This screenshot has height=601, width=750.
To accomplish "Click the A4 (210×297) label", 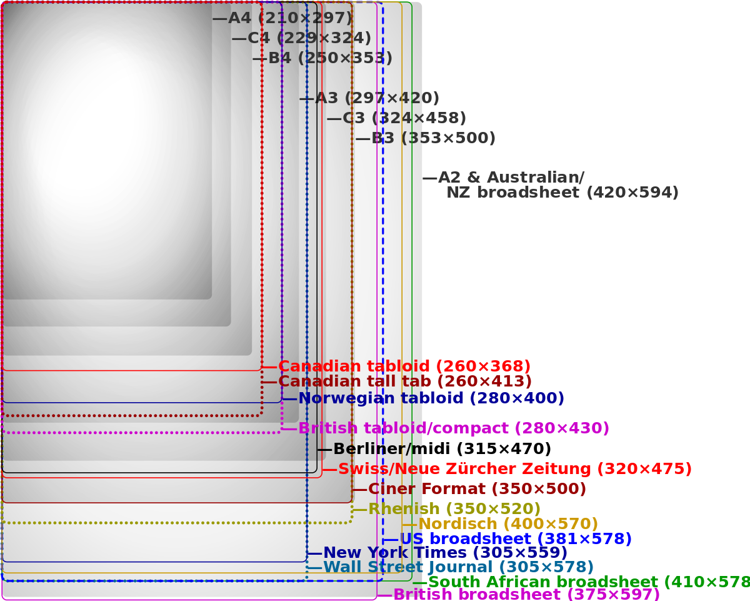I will tap(290, 18).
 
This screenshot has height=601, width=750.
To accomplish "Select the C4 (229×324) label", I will tap(309, 38).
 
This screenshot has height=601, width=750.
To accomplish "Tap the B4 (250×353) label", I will tap(330, 58).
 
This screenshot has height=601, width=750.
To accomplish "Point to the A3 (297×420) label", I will tap(377, 98).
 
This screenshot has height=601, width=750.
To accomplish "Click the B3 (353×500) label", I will tap(433, 138).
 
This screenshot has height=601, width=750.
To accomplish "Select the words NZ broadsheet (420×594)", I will tap(562, 193).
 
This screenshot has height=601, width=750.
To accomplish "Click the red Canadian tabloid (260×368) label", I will tap(404, 366).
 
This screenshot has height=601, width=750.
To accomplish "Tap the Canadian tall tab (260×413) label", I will tap(405, 381).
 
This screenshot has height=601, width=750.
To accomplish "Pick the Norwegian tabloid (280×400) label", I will tap(431, 398).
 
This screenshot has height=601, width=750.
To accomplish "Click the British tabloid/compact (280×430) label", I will tap(454, 428).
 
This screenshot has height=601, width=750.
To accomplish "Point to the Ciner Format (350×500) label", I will tap(477, 488).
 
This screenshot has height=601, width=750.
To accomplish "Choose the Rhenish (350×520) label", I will tap(454, 508).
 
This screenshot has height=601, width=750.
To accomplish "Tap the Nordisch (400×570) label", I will tap(508, 523).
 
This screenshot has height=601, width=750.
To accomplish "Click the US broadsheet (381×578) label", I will tap(516, 538).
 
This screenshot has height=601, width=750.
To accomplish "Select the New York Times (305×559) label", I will tap(446, 553).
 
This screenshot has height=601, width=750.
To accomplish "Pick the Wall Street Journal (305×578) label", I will tap(458, 567).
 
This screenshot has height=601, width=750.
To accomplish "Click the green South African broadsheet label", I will tap(587, 582).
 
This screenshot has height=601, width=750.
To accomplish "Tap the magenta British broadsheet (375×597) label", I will tap(526, 594).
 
